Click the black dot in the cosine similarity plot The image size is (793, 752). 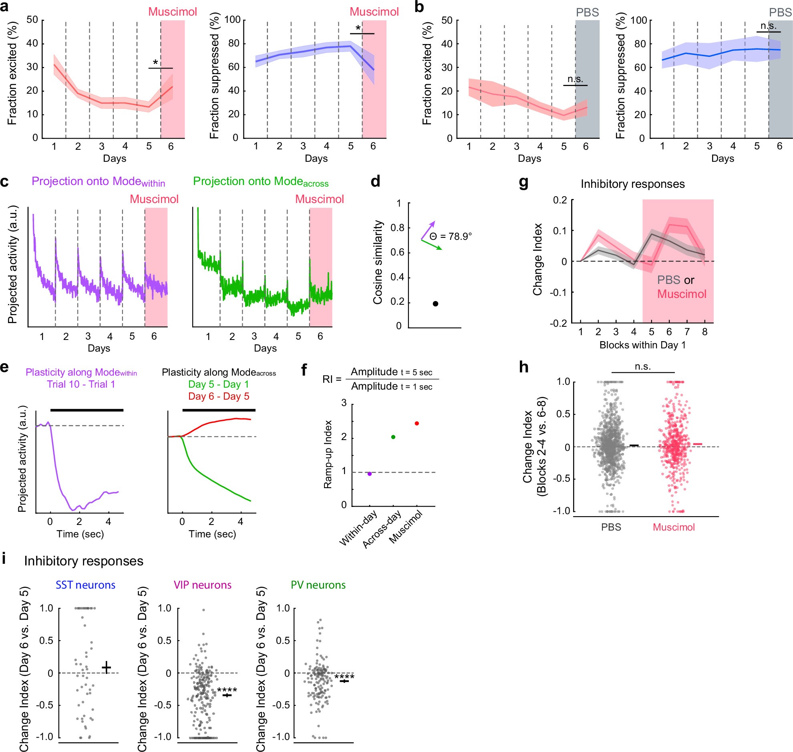[x=435, y=304]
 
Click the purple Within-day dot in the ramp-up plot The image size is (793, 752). [x=370, y=474]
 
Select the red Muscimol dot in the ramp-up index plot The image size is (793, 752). [x=417, y=423]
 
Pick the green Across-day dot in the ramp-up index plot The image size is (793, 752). [x=393, y=437]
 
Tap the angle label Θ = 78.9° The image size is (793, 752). [x=451, y=237]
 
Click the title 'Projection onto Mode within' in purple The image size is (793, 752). [x=98, y=181]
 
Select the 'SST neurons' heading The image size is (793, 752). [x=85, y=585]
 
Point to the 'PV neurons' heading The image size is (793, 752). [x=318, y=585]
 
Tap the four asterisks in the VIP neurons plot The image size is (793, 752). [x=227, y=690]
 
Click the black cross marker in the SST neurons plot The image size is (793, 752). [x=106, y=668]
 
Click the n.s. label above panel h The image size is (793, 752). [x=643, y=366]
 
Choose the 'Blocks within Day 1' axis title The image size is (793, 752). [x=642, y=345]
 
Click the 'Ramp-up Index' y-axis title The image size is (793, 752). [x=328, y=454]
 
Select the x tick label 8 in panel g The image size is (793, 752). [x=704, y=332]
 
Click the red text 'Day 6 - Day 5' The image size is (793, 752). [x=219, y=396]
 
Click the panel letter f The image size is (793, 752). [x=304, y=370]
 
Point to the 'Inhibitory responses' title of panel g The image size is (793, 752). [x=633, y=184]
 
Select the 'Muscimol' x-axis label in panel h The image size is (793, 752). [x=674, y=527]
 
